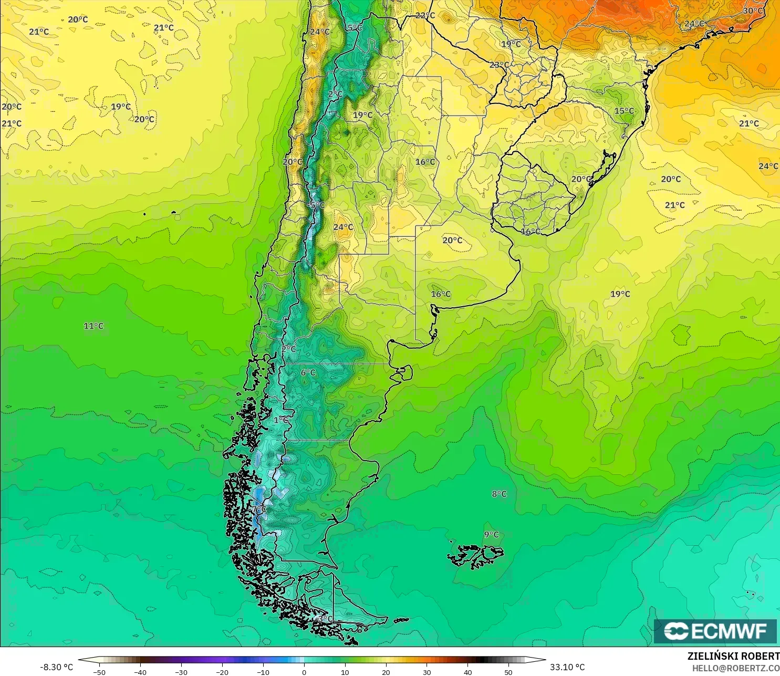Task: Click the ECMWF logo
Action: [715, 631]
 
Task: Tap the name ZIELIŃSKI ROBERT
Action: [733, 656]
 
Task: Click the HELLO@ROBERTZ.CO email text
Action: [735, 668]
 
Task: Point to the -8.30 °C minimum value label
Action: [56, 667]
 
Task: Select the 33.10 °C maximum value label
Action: [567, 667]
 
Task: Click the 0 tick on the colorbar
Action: [304, 672]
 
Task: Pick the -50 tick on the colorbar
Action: [99, 672]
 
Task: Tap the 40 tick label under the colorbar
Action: [467, 672]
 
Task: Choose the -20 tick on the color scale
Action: [222, 672]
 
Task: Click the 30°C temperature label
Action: [753, 11]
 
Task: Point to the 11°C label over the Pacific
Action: [93, 326]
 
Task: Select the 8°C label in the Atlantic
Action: [499, 494]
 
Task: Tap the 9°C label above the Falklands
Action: [492, 535]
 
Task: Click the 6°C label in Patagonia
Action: [308, 372]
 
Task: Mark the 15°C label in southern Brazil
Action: [624, 111]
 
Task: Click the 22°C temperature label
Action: [425, 15]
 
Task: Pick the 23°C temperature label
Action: [499, 65]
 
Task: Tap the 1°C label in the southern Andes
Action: [281, 420]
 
